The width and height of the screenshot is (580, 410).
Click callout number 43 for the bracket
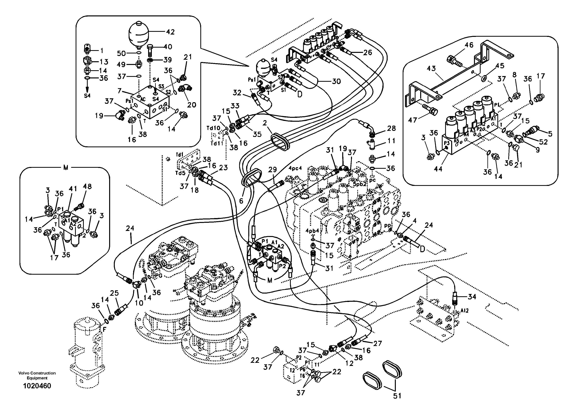tap(431, 68)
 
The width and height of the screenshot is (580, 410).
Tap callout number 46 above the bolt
tap(469, 45)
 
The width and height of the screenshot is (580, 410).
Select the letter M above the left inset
tap(66, 168)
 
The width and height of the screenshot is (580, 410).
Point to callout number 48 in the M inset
tap(87, 186)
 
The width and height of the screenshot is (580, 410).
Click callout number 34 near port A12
tap(472, 296)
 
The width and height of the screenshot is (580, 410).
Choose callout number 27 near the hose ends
tap(378, 343)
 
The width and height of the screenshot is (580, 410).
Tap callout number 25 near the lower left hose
tap(114, 293)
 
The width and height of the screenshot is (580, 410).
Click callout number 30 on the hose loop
tap(336, 81)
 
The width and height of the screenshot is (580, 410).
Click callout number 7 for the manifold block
tap(120, 90)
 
